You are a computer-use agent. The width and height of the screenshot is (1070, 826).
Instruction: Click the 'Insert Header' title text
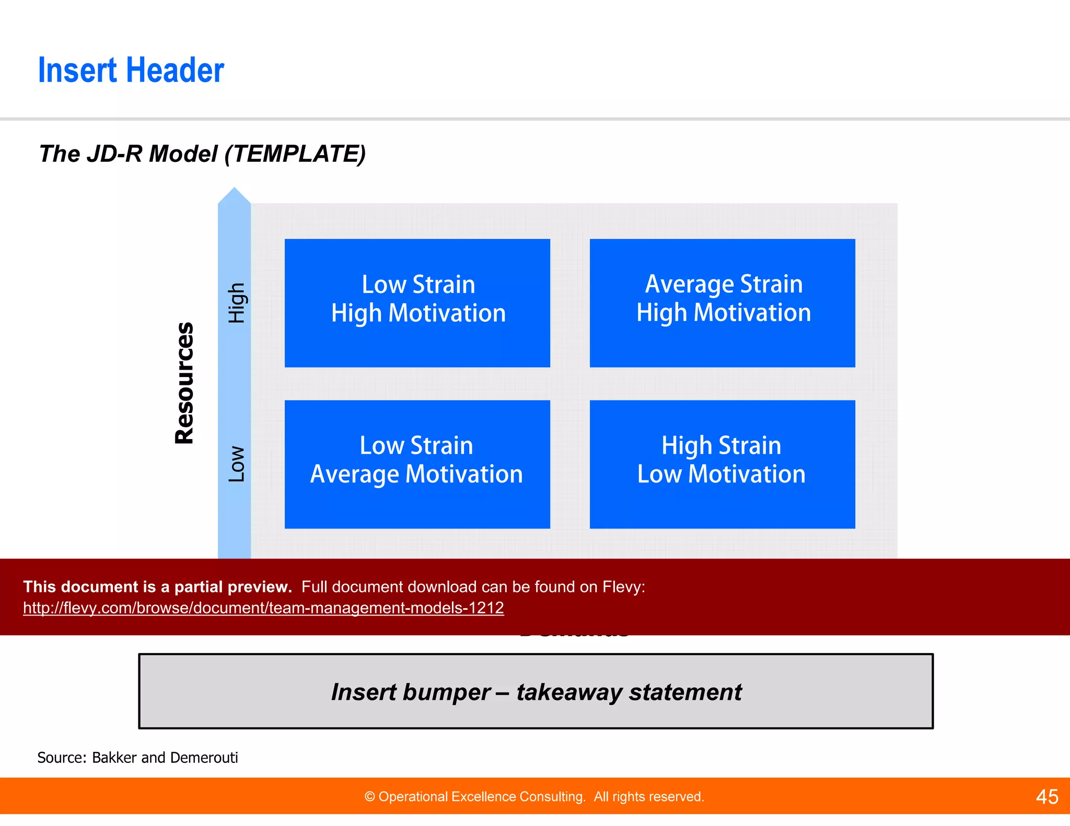pos(131,70)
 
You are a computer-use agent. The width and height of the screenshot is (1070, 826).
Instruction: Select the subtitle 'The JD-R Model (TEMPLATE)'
pos(202,154)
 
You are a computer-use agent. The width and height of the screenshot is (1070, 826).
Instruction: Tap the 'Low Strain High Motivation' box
pos(417,303)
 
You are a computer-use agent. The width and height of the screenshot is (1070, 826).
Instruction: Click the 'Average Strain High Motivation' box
pos(722,303)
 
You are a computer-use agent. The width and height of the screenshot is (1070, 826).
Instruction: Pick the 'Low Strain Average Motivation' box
pos(417,464)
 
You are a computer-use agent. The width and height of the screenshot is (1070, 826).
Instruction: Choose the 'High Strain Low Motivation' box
pos(722,464)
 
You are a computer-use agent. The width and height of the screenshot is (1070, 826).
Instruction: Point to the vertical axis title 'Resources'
pos(184,383)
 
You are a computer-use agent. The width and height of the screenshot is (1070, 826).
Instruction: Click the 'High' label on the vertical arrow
pos(236,303)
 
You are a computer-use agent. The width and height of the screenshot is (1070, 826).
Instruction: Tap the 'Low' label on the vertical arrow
pos(236,464)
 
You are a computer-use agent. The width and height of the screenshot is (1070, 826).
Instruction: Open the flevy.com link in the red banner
pos(263,608)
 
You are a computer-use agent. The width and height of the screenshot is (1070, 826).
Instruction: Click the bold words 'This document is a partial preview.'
pos(157,587)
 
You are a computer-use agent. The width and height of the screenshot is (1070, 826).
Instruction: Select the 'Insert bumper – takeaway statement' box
pos(536,691)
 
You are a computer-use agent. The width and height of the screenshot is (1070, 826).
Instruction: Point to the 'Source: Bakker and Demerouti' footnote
pos(137,758)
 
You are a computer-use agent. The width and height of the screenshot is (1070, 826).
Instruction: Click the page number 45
pos(1046,797)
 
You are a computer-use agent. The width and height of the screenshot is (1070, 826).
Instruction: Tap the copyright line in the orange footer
pos(534,797)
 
